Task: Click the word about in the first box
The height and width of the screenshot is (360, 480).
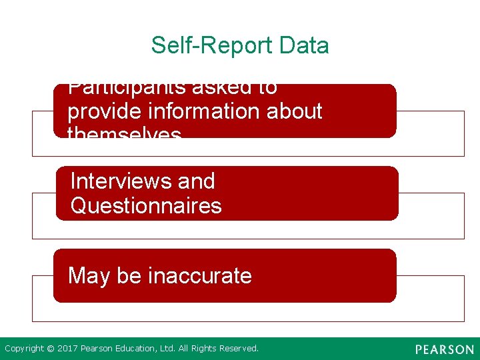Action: pos(295,111)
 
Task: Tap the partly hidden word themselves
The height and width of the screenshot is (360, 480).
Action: pos(125,133)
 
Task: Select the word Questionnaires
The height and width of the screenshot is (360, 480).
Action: pos(146,205)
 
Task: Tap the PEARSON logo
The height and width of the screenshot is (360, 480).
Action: pos(444,349)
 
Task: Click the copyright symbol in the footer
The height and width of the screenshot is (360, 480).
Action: pos(51,348)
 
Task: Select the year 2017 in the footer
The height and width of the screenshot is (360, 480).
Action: pos(67,348)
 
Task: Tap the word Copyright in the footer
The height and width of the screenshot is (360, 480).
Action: pos(25,348)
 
